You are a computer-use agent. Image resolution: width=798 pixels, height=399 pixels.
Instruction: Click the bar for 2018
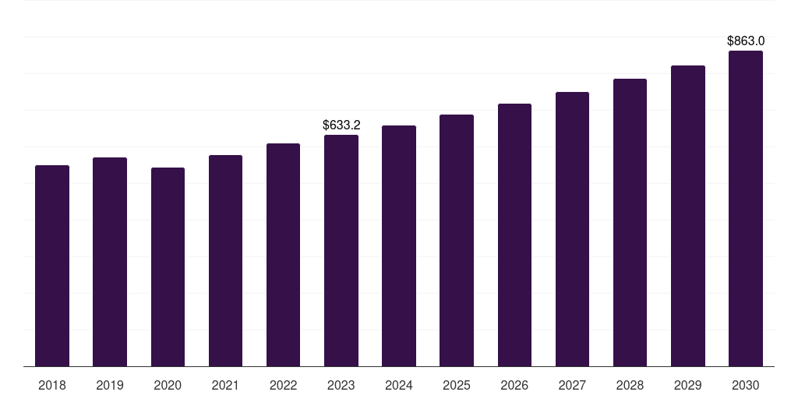coord(52,266)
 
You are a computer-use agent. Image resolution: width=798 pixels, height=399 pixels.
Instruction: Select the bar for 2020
coord(168,267)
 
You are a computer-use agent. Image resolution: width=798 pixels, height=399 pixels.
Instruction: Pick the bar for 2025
coord(457,241)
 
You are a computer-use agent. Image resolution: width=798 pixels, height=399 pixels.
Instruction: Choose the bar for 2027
coord(572,229)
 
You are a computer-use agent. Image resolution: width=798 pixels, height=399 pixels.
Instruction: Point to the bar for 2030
coord(746,209)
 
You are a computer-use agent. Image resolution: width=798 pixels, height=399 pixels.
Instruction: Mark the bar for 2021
coord(225,261)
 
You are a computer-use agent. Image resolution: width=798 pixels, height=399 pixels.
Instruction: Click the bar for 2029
coord(688,216)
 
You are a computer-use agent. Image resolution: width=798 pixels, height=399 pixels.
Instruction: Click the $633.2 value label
coord(341,125)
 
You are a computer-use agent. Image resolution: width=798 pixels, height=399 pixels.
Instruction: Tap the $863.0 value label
coord(746,41)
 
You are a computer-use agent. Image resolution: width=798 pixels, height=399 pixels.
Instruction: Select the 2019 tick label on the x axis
coord(110,385)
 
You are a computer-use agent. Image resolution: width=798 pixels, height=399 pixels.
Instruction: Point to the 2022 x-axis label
coord(284,385)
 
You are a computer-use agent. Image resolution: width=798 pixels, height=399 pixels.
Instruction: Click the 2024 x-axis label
coord(399,385)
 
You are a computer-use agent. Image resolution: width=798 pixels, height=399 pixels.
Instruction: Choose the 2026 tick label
coord(514,385)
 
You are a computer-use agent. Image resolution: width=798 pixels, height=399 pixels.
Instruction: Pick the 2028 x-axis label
coord(630,385)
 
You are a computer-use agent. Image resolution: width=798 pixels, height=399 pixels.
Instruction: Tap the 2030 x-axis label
coord(746,385)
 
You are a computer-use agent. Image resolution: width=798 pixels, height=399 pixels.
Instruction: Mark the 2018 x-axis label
coord(52,385)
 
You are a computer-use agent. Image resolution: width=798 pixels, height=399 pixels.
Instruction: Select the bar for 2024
coord(399,246)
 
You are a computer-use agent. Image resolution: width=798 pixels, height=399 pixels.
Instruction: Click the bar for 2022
coord(284,255)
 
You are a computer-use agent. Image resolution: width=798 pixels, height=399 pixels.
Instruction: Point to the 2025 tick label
coord(457,385)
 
